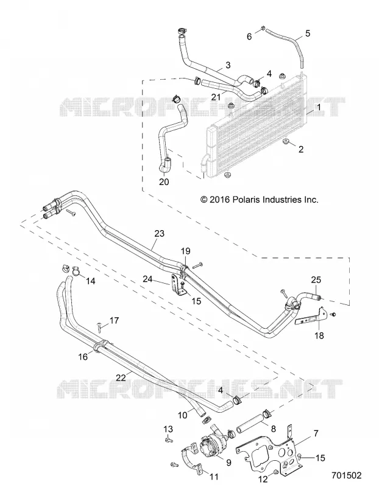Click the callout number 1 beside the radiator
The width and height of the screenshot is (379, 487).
[x=319, y=108]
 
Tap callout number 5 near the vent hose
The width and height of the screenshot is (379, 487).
[x=308, y=33]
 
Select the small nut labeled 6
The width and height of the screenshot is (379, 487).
[x=262, y=29]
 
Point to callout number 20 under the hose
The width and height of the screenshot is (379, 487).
[x=164, y=181]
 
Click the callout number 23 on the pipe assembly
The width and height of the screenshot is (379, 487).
[x=159, y=234]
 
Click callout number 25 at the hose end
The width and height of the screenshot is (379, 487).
[x=316, y=280]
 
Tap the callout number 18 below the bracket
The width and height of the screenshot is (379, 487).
[x=319, y=335]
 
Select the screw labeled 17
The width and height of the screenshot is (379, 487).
[x=99, y=326]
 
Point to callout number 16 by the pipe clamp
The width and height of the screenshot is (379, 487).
[x=83, y=357]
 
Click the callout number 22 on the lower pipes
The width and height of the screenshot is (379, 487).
[x=121, y=377]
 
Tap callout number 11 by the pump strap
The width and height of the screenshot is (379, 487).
[x=214, y=477]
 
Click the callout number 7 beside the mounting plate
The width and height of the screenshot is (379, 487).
[x=316, y=433]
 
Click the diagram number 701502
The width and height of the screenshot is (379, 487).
[x=346, y=475]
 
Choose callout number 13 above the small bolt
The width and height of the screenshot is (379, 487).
[x=168, y=429]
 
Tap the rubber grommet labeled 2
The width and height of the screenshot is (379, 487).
[x=286, y=142]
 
